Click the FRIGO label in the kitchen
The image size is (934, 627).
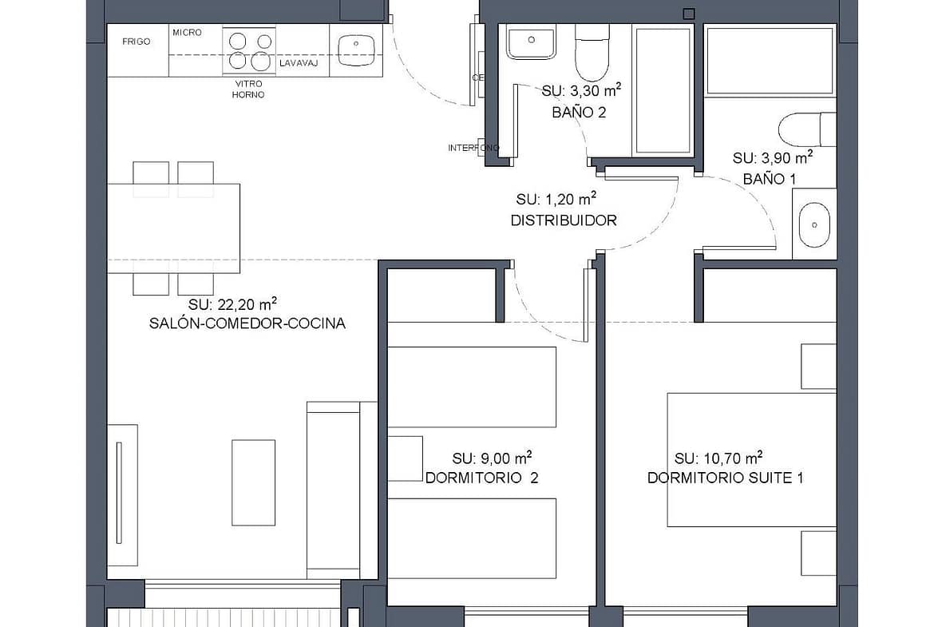(x=137, y=42)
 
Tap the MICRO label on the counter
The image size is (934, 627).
(x=187, y=32)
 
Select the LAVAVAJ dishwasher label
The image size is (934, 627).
(x=299, y=62)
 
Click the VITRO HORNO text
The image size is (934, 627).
(x=248, y=89)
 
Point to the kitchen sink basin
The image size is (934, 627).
(x=356, y=50)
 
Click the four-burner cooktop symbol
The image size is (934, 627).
(x=250, y=50)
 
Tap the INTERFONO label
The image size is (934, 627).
(x=473, y=148)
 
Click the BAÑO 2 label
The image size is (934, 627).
(x=579, y=112)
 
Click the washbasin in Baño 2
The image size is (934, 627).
(x=532, y=41)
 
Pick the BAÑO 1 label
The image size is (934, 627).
(x=770, y=178)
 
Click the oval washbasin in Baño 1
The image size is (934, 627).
(x=814, y=224)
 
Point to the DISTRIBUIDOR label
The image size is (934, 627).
(x=564, y=220)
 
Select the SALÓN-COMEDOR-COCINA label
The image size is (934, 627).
(x=247, y=323)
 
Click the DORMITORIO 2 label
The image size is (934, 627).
(x=482, y=478)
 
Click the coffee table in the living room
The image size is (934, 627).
(x=253, y=482)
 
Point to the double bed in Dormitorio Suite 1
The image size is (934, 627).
(x=752, y=459)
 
